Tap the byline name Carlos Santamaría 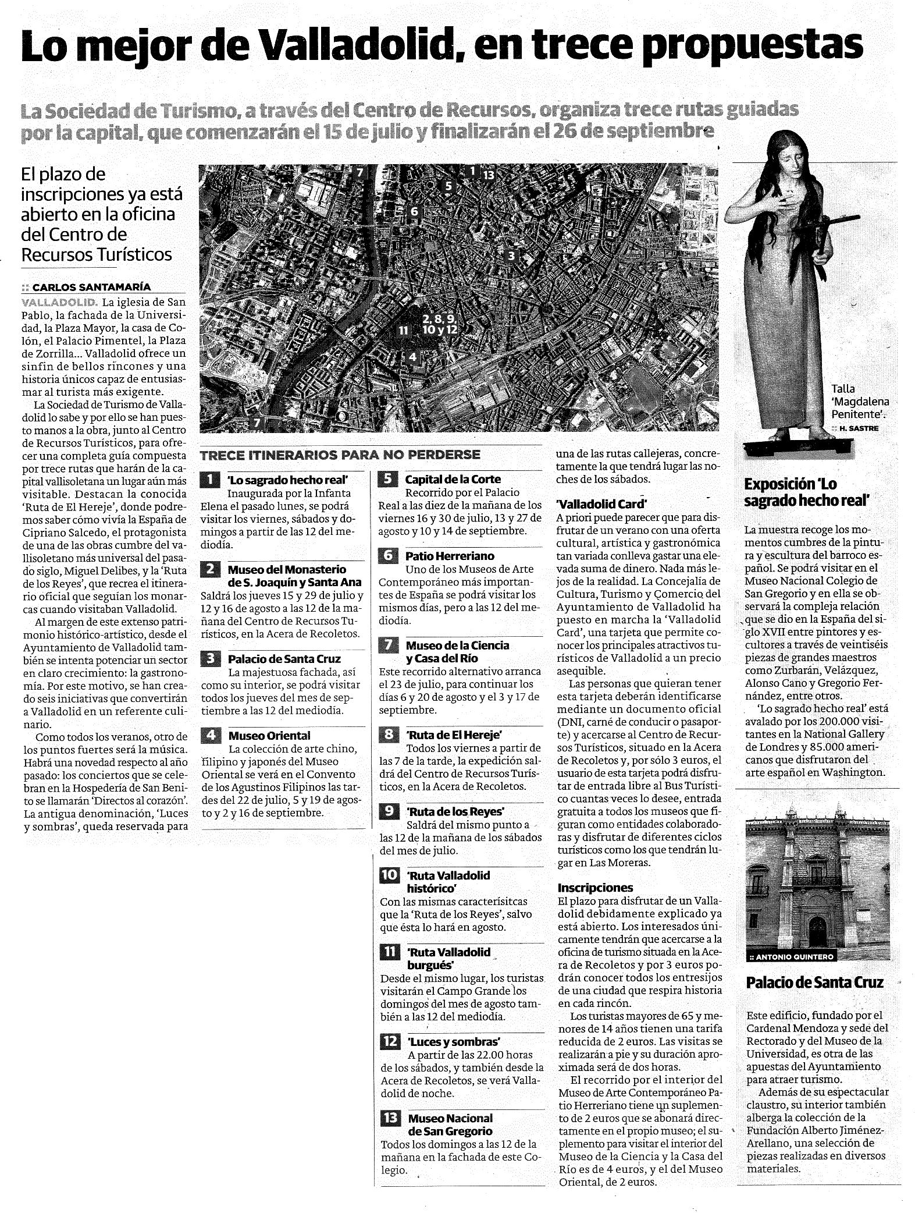coord(91,287)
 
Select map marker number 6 coord(414,211)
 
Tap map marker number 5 coord(448,186)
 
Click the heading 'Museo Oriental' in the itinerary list coord(269,736)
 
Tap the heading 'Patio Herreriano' coord(450,556)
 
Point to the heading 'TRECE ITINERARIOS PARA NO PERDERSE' coord(340,455)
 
